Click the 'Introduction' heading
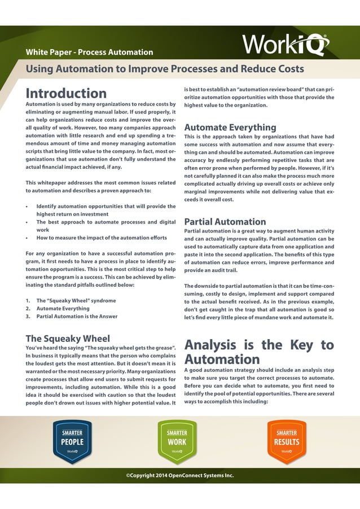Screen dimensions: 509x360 [66, 93]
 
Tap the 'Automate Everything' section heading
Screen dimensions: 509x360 [230, 127]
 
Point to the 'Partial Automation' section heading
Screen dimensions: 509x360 [225, 222]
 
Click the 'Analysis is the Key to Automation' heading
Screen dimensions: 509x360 [259, 352]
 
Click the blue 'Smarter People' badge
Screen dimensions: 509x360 [72, 441]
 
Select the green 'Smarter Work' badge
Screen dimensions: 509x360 [177, 441]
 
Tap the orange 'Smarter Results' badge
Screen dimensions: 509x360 [287, 441]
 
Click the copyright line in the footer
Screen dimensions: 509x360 [179, 476]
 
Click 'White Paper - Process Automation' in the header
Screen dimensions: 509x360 [89, 52]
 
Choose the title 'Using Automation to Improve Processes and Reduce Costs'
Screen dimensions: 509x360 [165, 69]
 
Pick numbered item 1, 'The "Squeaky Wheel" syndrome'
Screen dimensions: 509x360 [77, 301]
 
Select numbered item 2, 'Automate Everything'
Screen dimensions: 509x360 [63, 309]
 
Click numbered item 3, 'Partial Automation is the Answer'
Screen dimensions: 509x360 [77, 317]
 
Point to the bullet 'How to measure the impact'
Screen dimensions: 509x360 [100, 238]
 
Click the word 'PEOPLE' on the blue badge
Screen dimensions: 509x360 [72, 442]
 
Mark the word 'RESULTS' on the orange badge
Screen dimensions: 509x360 [287, 442]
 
